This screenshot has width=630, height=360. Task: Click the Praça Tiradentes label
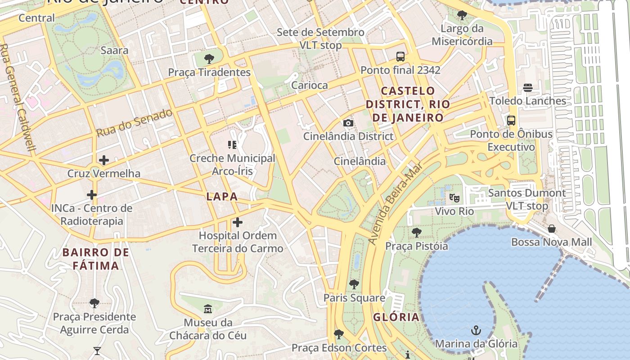[x=209, y=72]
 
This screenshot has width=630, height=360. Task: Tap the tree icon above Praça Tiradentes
[x=209, y=58]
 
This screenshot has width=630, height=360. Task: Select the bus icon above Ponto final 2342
[x=400, y=57]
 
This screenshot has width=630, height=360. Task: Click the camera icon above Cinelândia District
[x=348, y=123]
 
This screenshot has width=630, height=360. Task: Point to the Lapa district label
[x=222, y=197]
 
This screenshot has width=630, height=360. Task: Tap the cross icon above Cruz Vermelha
[x=104, y=160]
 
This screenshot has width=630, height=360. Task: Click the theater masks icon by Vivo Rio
[x=454, y=198]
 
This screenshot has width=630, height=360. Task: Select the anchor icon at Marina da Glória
[x=476, y=331]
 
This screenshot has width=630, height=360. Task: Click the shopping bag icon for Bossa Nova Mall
[x=551, y=229]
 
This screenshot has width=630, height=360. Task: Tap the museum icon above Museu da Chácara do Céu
[x=208, y=309]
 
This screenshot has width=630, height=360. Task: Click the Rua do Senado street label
[x=135, y=123]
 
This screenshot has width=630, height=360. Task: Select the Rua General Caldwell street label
[x=18, y=97]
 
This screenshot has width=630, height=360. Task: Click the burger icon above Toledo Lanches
[x=527, y=88]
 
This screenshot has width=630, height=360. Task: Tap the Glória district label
[x=396, y=317]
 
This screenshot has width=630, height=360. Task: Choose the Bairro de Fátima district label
[x=96, y=259]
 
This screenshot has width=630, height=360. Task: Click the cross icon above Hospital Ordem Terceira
[x=237, y=222]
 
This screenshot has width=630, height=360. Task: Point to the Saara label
[x=114, y=50]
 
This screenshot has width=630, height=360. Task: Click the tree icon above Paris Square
[x=354, y=284]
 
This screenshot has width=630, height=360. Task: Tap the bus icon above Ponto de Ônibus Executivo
[x=511, y=121]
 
